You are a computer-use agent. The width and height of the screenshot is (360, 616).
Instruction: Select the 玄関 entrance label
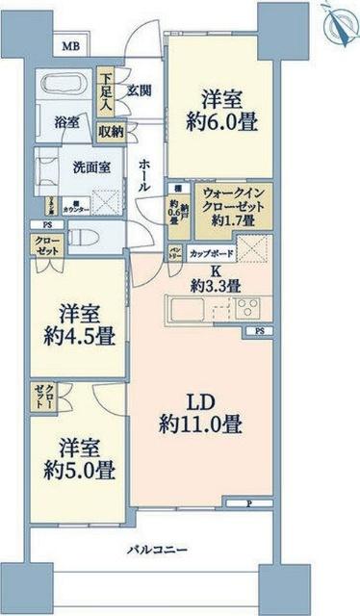(x=141, y=90)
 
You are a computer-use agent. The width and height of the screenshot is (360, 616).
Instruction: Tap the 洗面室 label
(x=91, y=166)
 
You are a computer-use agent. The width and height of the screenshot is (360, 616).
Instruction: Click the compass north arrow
(x=339, y=21)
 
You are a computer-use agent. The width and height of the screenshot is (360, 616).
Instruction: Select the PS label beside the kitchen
(x=260, y=331)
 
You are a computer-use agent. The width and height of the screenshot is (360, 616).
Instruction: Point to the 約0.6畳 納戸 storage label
(x=175, y=209)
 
